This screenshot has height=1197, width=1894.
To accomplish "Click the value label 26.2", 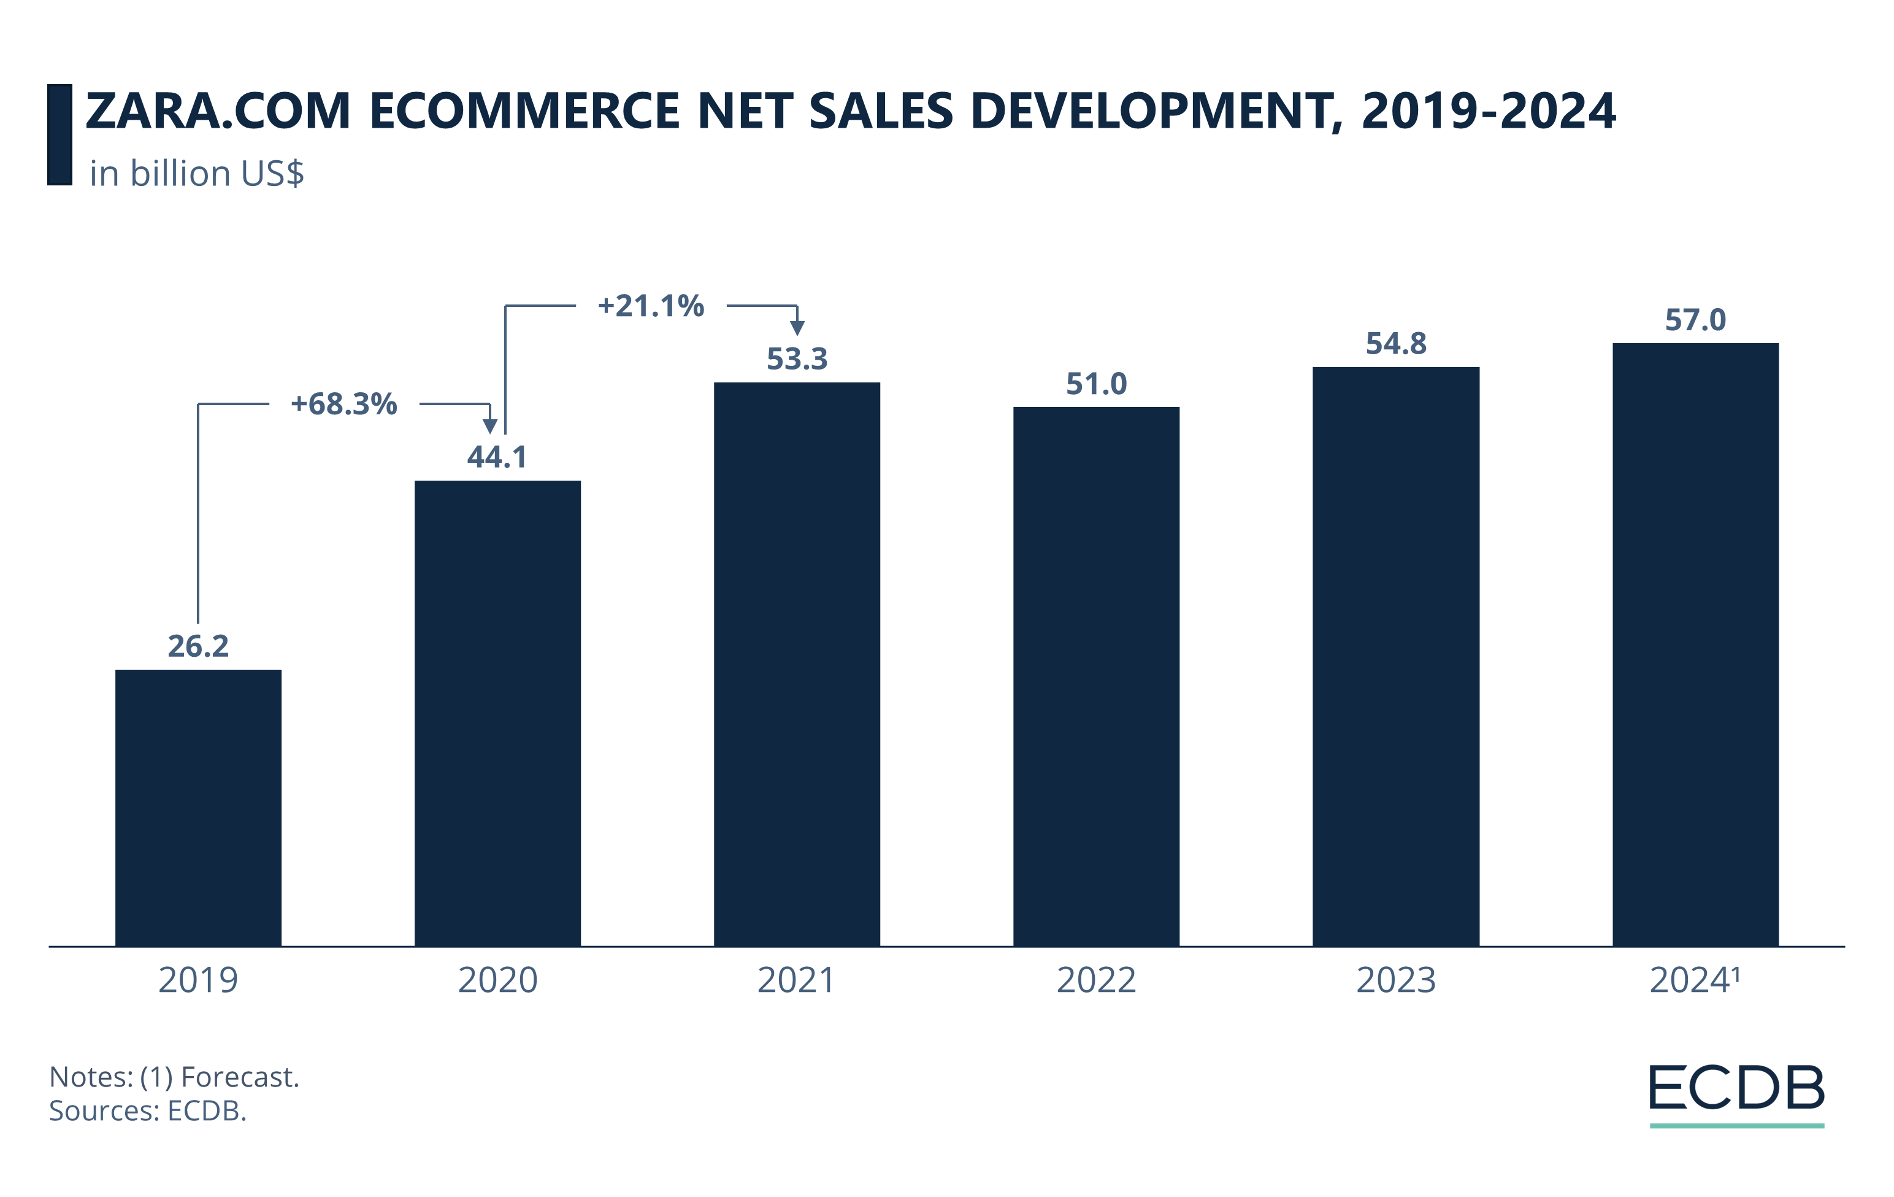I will click(x=198, y=646).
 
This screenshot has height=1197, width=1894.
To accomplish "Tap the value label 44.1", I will click(x=497, y=457).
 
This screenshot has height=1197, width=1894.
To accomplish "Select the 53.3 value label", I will click(x=797, y=359).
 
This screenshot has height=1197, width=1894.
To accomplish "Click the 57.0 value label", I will click(x=1695, y=320).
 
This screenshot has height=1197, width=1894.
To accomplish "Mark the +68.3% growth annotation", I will click(x=343, y=404).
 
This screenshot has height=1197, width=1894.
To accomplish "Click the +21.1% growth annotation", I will click(x=651, y=305).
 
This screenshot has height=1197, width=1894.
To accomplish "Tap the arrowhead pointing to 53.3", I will click(x=797, y=327).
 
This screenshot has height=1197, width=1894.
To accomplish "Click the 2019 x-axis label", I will click(x=198, y=980).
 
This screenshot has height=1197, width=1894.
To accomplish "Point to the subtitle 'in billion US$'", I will click(x=197, y=173).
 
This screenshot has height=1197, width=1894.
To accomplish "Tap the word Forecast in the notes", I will click(x=240, y=1077).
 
